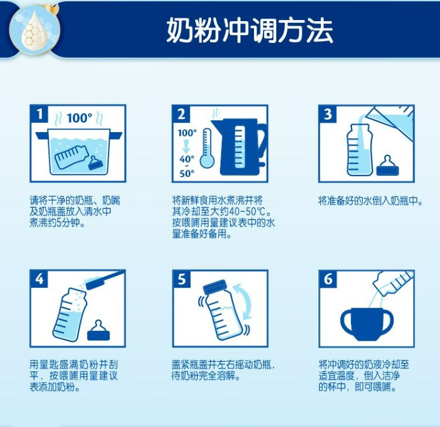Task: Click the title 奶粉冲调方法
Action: pyautogui.click(x=249, y=31)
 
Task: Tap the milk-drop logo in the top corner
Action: pyautogui.click(x=34, y=29)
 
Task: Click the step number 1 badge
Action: pyautogui.click(x=39, y=115)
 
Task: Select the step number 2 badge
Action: pyautogui.click(x=181, y=115)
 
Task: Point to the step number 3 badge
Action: pyautogui.click(x=327, y=115)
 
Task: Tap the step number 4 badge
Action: pyautogui.click(x=39, y=279)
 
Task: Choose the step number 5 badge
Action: pyautogui.click(x=181, y=279)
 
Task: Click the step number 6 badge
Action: pyautogui.click(x=327, y=279)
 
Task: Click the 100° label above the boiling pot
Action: pyautogui.click(x=79, y=118)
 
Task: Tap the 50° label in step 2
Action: pyautogui.click(x=187, y=174)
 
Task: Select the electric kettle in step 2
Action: pyautogui.click(x=239, y=147)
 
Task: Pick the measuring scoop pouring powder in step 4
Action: pyautogui.click(x=104, y=279)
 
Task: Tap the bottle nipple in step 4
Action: pyautogui.click(x=99, y=330)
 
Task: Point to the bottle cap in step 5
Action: pyautogui.click(x=215, y=287)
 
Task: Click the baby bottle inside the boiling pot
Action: pyautogui.click(x=72, y=157)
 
